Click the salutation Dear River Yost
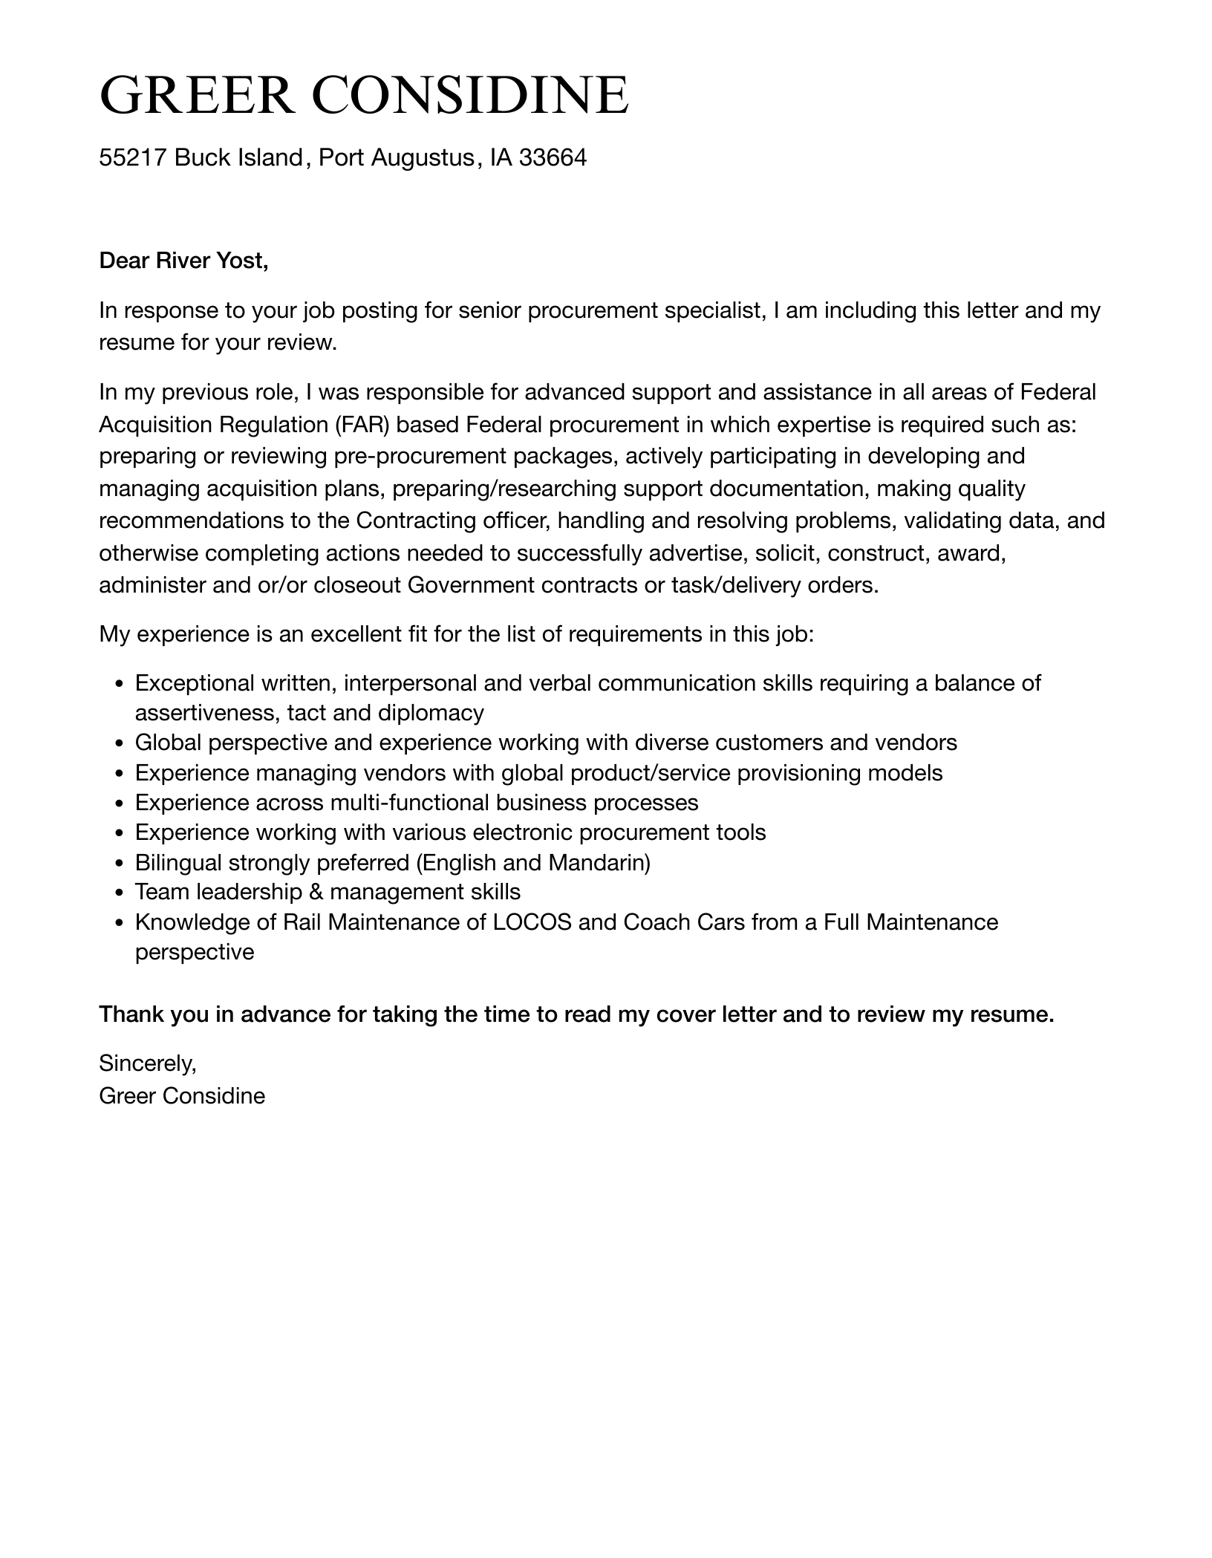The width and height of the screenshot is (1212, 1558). point(183,261)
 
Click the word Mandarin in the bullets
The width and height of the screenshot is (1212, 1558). point(599,862)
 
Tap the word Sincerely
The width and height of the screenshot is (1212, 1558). point(147,1063)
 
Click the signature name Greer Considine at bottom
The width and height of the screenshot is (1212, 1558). point(182,1095)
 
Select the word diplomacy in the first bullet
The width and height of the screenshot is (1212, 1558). point(430,713)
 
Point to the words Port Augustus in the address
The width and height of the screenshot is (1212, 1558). point(396,157)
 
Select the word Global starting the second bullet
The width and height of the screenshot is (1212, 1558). point(168,743)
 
